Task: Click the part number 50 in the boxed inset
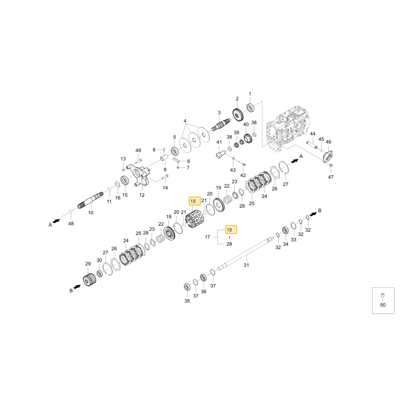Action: click(x=383, y=305)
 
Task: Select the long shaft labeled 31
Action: click(x=245, y=253)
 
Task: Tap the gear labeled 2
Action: click(x=238, y=115)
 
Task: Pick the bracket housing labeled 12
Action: click(x=140, y=175)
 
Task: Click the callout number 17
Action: click(x=207, y=237)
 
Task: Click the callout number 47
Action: click(x=331, y=177)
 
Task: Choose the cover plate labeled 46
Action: click(x=328, y=156)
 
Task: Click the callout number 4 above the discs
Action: click(x=185, y=121)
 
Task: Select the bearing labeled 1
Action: click(x=250, y=107)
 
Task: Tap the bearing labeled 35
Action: click(x=187, y=287)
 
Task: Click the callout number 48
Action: click(x=71, y=223)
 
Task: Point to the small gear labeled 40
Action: click(x=248, y=139)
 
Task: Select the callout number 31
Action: click(x=246, y=265)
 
